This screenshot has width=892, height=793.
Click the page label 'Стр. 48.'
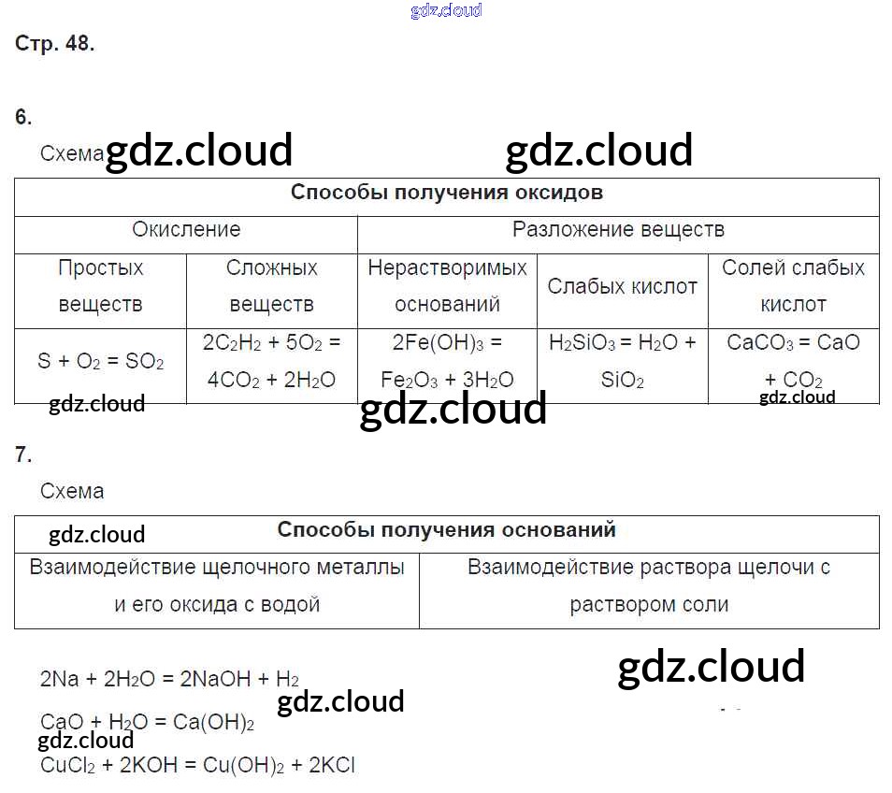click(x=55, y=43)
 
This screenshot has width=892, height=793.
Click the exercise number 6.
click(x=23, y=117)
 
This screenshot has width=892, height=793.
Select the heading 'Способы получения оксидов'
click(x=446, y=193)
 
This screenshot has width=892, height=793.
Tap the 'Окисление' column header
click(x=186, y=230)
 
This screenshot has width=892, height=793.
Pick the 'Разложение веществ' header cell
click(x=618, y=230)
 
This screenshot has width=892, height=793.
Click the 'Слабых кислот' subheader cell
click(x=622, y=286)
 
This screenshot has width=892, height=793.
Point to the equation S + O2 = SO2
click(x=100, y=361)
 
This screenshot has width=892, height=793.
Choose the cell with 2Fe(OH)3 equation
click(x=447, y=361)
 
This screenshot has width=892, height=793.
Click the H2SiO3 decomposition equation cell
click(x=622, y=361)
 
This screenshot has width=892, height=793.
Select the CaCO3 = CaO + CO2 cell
click(x=793, y=361)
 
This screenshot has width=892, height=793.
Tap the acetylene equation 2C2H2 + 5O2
click(x=271, y=361)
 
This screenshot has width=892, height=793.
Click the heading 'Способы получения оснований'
click(x=446, y=529)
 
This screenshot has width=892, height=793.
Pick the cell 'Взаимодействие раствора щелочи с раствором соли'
click(x=649, y=585)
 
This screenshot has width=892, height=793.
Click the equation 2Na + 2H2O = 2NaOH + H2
click(x=169, y=679)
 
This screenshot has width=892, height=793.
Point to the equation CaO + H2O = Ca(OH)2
click(x=147, y=722)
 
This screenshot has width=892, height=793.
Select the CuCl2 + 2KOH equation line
click(x=197, y=765)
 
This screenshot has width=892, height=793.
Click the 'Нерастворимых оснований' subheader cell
click(x=447, y=286)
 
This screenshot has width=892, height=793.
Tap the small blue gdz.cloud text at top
click(x=446, y=10)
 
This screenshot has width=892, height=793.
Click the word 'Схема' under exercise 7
click(x=72, y=491)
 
